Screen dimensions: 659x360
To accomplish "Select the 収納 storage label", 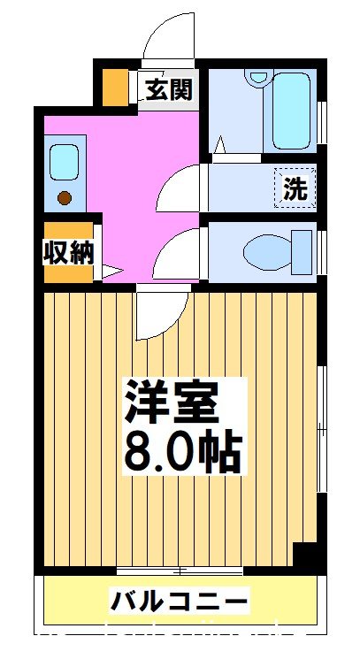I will pos(67,253).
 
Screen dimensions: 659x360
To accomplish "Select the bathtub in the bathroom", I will pos(289,111).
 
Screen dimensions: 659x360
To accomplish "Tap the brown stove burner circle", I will pos(64,198).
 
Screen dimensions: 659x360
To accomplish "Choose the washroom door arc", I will pos(181,186).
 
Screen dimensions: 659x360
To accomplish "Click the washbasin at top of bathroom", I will pos(257,77).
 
